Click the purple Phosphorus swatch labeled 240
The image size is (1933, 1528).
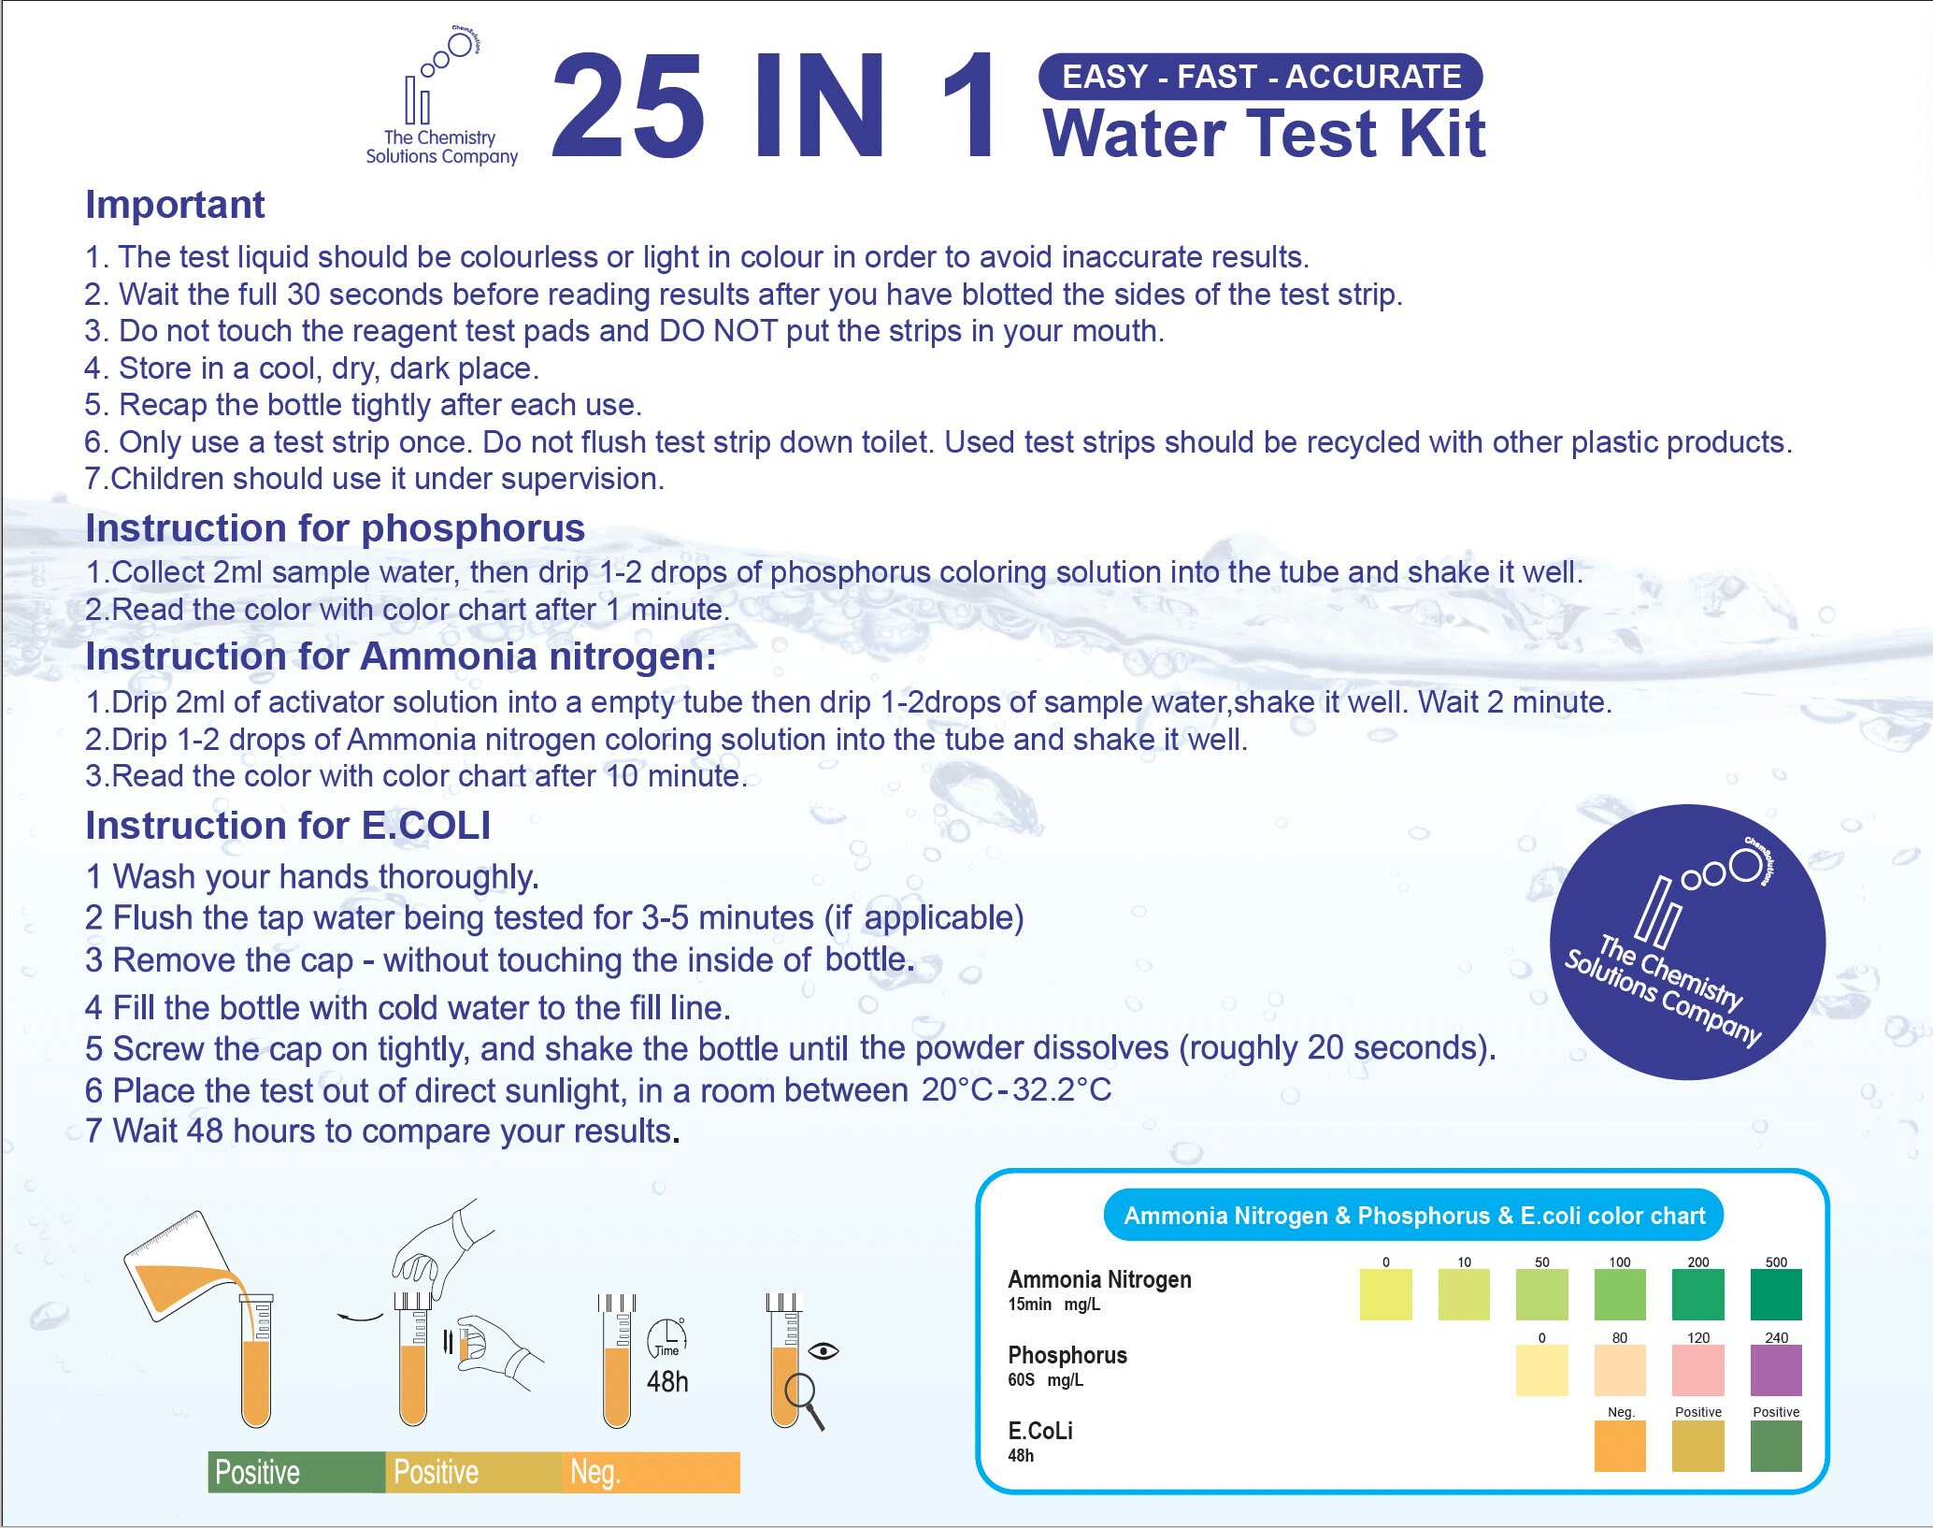point(1775,1370)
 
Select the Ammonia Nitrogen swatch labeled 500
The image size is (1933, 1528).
point(1775,1294)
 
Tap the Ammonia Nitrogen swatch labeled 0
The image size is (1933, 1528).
point(1385,1294)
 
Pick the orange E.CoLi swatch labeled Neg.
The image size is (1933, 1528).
point(1619,1446)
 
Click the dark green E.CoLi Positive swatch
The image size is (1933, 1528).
point(1775,1446)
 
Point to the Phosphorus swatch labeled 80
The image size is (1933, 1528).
point(1619,1370)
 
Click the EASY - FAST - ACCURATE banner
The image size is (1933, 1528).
point(1260,77)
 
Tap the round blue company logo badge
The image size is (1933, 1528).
point(1687,942)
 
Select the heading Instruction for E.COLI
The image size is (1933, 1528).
point(287,826)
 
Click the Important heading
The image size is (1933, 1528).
point(175,205)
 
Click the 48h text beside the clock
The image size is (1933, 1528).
point(667,1382)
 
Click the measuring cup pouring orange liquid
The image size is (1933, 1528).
point(178,1267)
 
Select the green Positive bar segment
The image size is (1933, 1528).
point(295,1472)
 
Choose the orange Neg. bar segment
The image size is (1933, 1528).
point(651,1472)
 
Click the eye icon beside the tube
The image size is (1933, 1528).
point(823,1350)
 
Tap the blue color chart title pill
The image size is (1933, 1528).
point(1413,1216)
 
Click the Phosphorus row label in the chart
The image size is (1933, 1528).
point(1067,1355)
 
